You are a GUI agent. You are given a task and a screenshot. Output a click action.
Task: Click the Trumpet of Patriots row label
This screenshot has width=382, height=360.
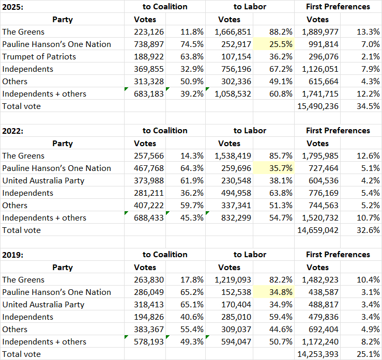[x=39, y=56]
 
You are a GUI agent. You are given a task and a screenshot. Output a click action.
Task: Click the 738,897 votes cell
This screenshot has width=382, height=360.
[x=148, y=44]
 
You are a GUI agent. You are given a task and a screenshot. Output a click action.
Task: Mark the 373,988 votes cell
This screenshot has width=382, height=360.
[x=148, y=180]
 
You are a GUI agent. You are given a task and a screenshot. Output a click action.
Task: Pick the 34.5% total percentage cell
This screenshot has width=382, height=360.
[x=368, y=106]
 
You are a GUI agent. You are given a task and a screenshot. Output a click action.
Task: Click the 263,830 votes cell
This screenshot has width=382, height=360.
[x=148, y=279]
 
